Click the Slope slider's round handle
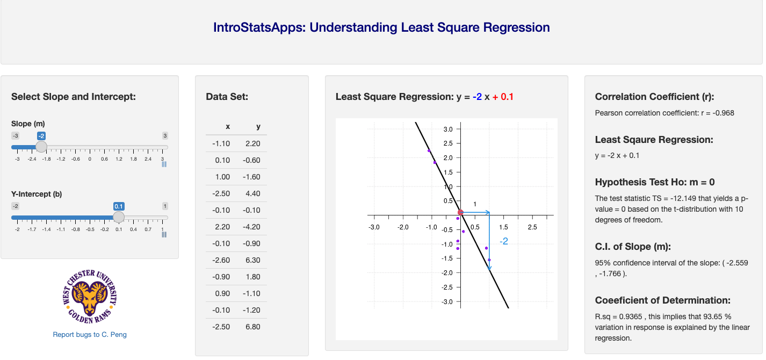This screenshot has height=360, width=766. [x=41, y=147]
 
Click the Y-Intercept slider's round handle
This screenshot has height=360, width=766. [x=119, y=217]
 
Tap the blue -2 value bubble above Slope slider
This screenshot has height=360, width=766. [x=41, y=136]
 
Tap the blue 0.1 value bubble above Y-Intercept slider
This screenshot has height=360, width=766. [x=119, y=206]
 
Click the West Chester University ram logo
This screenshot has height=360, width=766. [x=90, y=297]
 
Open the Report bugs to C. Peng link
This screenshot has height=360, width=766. [x=90, y=334]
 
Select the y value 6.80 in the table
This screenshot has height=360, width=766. [x=252, y=327]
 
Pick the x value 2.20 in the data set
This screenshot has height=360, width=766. [x=222, y=227]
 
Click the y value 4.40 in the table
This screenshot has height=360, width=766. [x=252, y=193]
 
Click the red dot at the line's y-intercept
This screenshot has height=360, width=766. [x=461, y=213]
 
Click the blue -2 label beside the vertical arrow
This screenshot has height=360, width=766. [x=504, y=242]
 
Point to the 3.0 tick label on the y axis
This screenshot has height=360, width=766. [x=448, y=129]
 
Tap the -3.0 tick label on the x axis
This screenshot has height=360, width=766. [x=374, y=227]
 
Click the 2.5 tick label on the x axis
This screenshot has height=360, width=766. [x=532, y=227]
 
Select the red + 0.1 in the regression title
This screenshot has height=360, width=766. [x=503, y=97]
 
